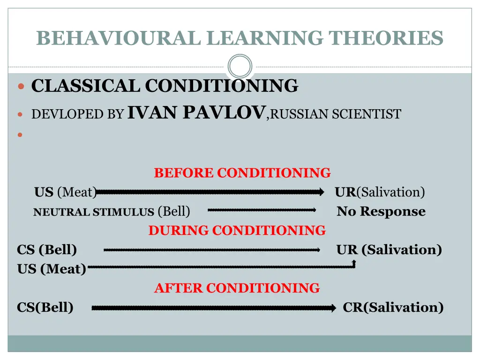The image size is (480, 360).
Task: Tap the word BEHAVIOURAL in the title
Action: tap(120, 38)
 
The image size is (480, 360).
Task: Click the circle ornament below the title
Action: tap(240, 66)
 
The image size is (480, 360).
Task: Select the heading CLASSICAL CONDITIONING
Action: tap(165, 86)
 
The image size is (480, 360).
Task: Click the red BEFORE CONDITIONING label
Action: tap(242, 173)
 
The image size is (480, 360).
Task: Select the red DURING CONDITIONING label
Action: tap(237, 231)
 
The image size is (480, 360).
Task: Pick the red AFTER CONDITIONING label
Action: tap(237, 288)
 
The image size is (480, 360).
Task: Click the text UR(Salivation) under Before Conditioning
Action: tap(380, 192)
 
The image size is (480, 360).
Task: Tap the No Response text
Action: tap(381, 211)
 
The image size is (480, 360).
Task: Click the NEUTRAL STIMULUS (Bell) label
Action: tap(112, 212)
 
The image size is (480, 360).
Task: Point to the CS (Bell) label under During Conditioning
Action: tap(47, 250)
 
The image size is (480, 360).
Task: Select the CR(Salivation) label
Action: tap(393, 307)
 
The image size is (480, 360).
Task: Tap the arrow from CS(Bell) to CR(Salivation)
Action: tap(214, 308)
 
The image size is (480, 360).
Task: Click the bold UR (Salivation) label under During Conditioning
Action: tap(389, 250)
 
